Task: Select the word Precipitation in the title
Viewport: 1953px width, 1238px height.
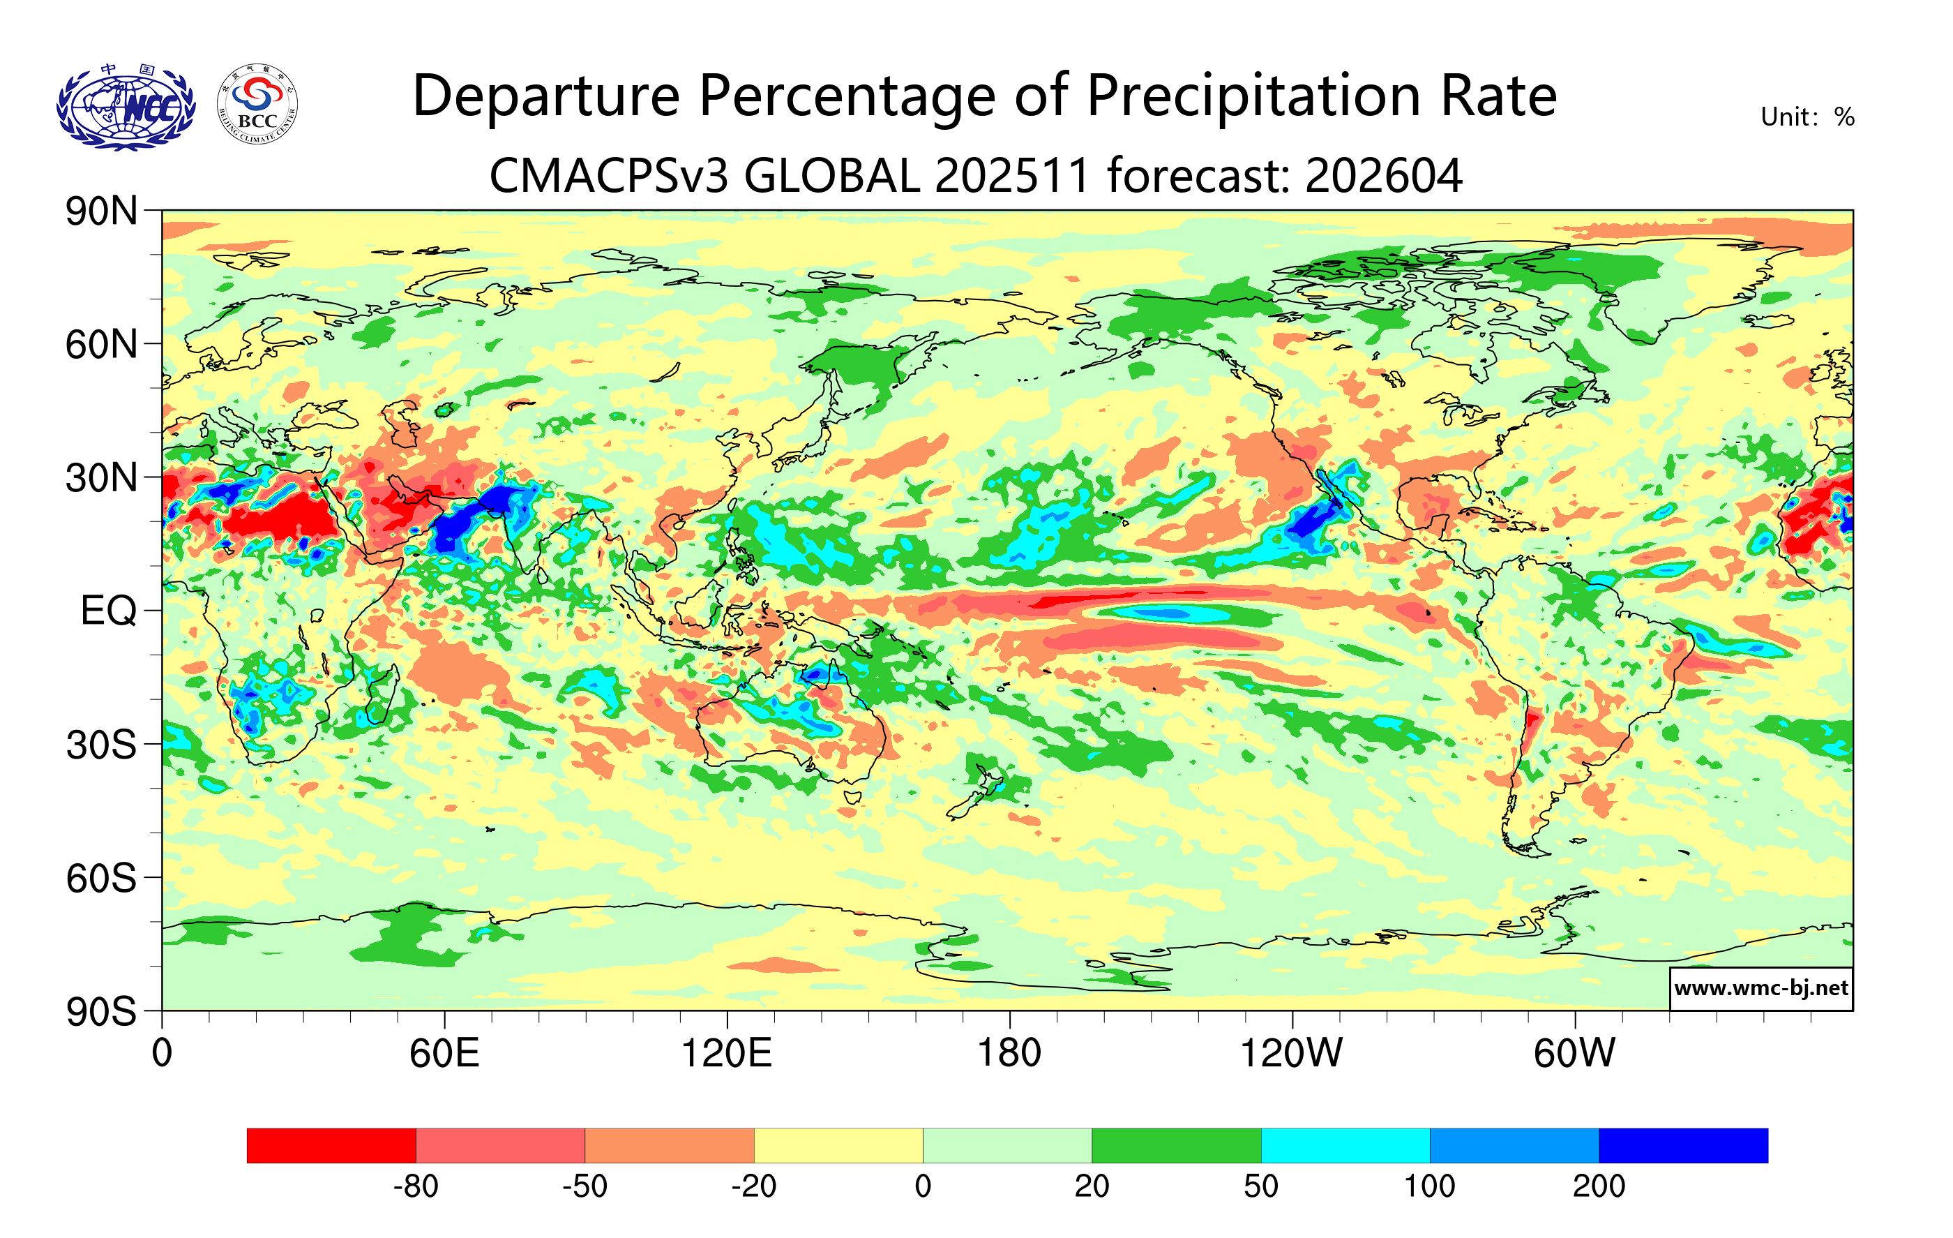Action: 1253,96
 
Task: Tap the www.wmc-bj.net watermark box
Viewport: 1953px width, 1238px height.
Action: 1760,988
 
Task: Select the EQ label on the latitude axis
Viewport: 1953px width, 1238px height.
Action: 109,611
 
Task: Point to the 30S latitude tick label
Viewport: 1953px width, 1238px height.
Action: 101,745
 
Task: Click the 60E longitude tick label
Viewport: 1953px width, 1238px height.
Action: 444,1054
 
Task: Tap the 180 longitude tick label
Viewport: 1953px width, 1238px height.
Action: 1009,1054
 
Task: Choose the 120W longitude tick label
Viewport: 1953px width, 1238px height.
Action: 1291,1054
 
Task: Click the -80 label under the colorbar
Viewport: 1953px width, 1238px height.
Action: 416,1187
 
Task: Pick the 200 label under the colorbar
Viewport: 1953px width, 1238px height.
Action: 1599,1187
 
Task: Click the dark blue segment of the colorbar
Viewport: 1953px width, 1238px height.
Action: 1683,1144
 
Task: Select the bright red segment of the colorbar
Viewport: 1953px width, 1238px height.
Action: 331,1144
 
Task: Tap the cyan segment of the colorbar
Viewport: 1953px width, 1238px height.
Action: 1345,1144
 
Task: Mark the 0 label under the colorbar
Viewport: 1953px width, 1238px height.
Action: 923,1187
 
